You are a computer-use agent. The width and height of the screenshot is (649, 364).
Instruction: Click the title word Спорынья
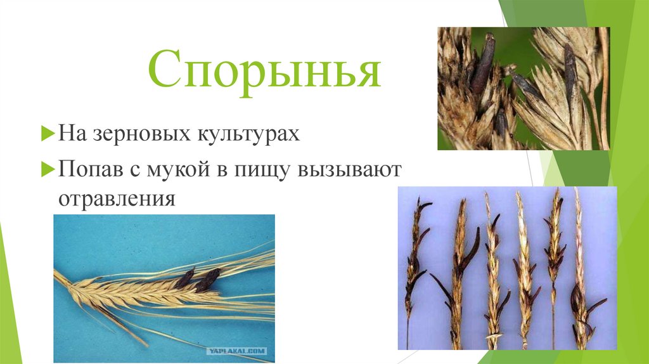[x=264, y=72]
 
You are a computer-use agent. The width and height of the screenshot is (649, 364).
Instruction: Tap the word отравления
[x=117, y=198]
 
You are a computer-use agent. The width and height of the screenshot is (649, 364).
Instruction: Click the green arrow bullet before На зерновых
[x=47, y=134]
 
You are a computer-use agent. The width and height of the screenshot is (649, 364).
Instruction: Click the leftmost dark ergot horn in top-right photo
[x=484, y=63]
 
